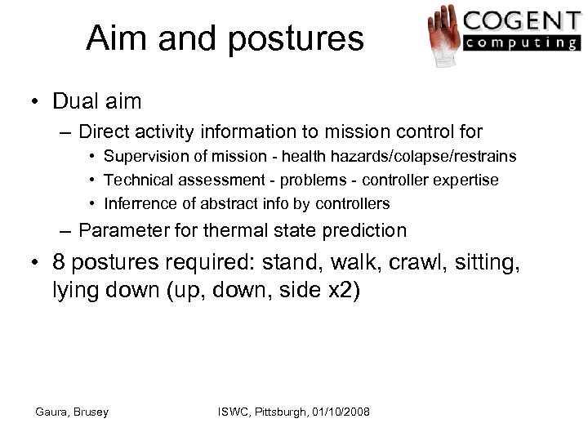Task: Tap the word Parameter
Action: [132, 231]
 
